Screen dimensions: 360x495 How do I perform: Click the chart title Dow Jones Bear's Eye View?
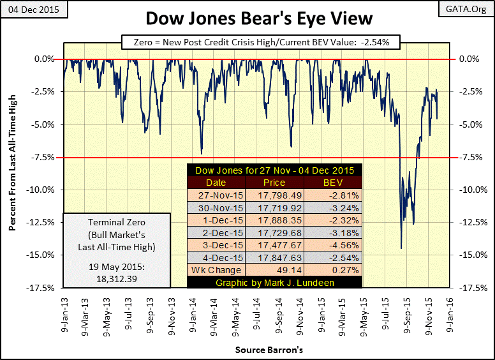coord(247,19)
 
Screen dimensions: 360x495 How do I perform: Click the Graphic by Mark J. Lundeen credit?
coord(274,282)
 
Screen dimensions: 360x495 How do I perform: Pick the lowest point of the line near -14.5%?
coord(401,248)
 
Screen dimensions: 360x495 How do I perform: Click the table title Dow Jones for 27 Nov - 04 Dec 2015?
coord(274,170)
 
